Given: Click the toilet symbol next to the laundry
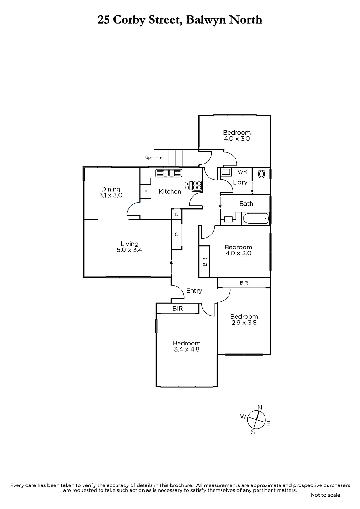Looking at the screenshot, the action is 262,173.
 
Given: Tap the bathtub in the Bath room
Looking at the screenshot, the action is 256,219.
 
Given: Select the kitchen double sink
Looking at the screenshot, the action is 169,173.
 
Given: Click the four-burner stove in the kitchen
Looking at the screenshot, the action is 197,185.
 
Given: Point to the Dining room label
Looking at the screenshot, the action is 111,189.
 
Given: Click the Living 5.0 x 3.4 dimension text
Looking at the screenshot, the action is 130,250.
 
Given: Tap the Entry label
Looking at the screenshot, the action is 194,291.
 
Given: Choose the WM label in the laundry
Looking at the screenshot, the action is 243,172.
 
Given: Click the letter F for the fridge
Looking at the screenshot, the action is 145,192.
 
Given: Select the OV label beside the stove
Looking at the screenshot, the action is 187,185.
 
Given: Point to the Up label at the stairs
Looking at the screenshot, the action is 148,158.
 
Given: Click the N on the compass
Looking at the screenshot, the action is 260,407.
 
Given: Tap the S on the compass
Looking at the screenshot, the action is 253,432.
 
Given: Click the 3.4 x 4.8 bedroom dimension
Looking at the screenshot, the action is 187,349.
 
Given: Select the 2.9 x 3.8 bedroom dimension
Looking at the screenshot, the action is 244,323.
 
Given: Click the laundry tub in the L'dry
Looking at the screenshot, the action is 226,172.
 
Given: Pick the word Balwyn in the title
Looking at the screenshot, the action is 206,20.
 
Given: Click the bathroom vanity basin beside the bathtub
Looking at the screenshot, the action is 228,219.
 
